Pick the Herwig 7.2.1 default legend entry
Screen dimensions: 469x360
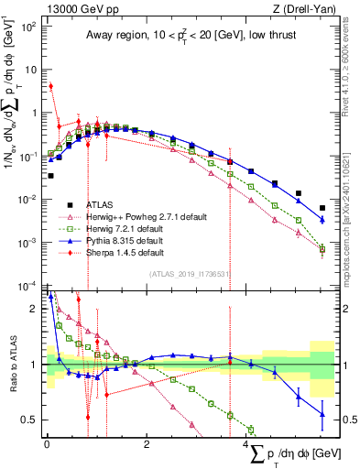(x=128, y=228)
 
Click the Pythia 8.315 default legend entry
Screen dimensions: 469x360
(x=128, y=240)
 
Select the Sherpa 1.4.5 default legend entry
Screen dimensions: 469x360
(x=127, y=252)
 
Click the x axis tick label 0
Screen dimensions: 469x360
(x=47, y=444)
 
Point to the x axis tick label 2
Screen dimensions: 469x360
(x=147, y=444)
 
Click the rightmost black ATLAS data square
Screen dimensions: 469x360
(x=322, y=208)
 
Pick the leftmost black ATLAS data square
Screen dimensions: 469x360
(x=50, y=175)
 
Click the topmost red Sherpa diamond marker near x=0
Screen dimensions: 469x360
(x=50, y=87)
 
